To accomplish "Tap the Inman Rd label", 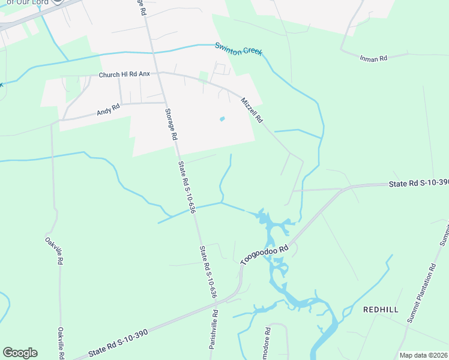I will (373, 58).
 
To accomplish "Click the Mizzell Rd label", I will (252, 110).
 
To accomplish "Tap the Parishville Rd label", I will (214, 329).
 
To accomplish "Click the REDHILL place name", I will (381, 310).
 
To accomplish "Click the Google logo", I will (20, 353).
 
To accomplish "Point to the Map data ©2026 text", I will (423, 355).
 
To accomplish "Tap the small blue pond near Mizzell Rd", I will (222, 119).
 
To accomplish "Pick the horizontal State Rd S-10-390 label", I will (418, 182).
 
